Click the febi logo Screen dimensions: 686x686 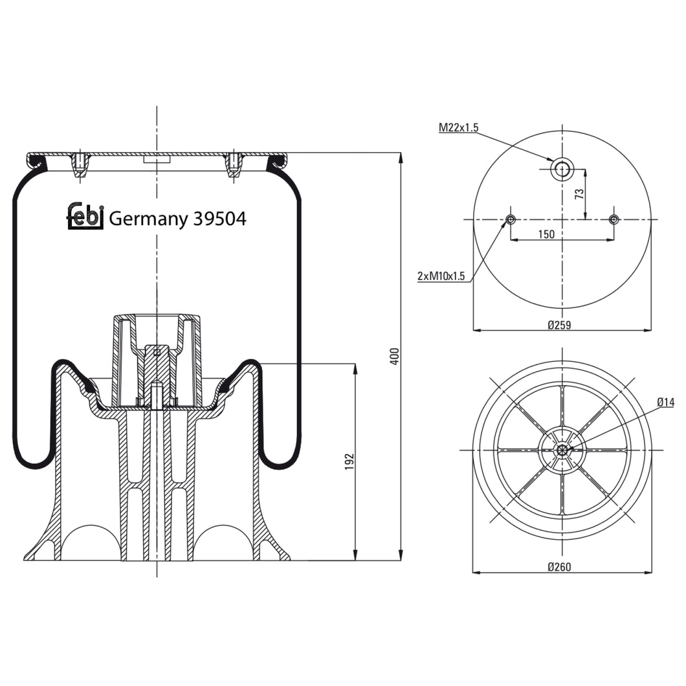85,216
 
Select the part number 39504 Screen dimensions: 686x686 219,219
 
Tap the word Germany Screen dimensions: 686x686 148,219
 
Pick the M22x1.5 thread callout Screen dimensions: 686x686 458,127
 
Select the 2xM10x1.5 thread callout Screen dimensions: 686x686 441,276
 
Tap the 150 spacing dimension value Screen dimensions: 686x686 546,234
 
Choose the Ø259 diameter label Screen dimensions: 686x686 559,325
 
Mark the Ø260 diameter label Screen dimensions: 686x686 559,567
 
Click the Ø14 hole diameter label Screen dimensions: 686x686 665,402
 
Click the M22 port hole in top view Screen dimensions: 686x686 562,170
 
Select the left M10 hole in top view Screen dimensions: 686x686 511,219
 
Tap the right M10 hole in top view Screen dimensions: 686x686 614,219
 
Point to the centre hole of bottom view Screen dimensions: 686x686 562,450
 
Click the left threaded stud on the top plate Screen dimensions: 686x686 79,164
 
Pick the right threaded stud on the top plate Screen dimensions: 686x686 234,164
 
